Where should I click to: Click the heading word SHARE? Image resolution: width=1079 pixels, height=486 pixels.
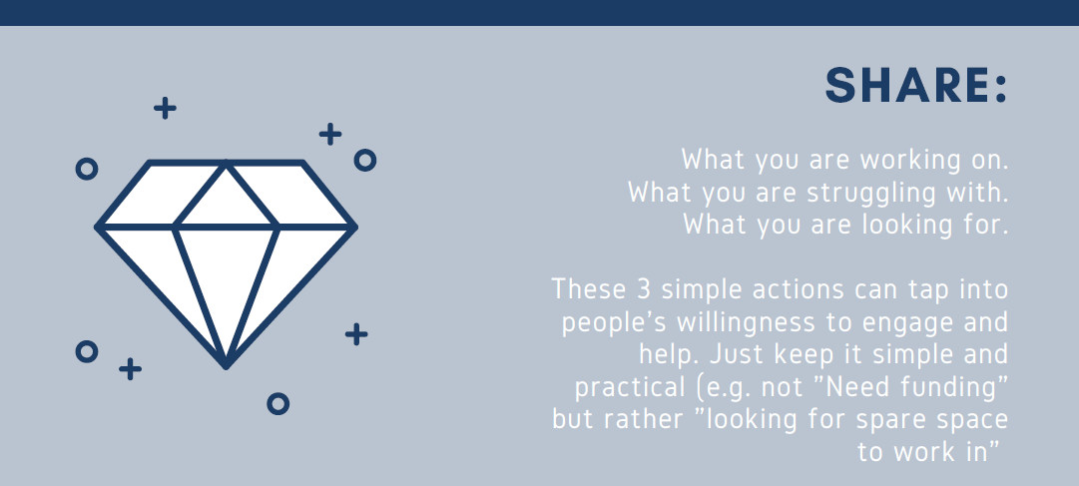[x=916, y=86]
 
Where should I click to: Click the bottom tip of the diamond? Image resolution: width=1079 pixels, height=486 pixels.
[x=226, y=367]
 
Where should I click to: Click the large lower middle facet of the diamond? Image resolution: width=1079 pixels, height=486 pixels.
[x=227, y=282]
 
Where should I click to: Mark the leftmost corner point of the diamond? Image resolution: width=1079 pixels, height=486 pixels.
[x=97, y=227]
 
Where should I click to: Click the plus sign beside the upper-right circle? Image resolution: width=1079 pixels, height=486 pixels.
[x=330, y=134]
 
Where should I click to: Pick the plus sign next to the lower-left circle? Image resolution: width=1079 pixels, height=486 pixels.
[x=130, y=369]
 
